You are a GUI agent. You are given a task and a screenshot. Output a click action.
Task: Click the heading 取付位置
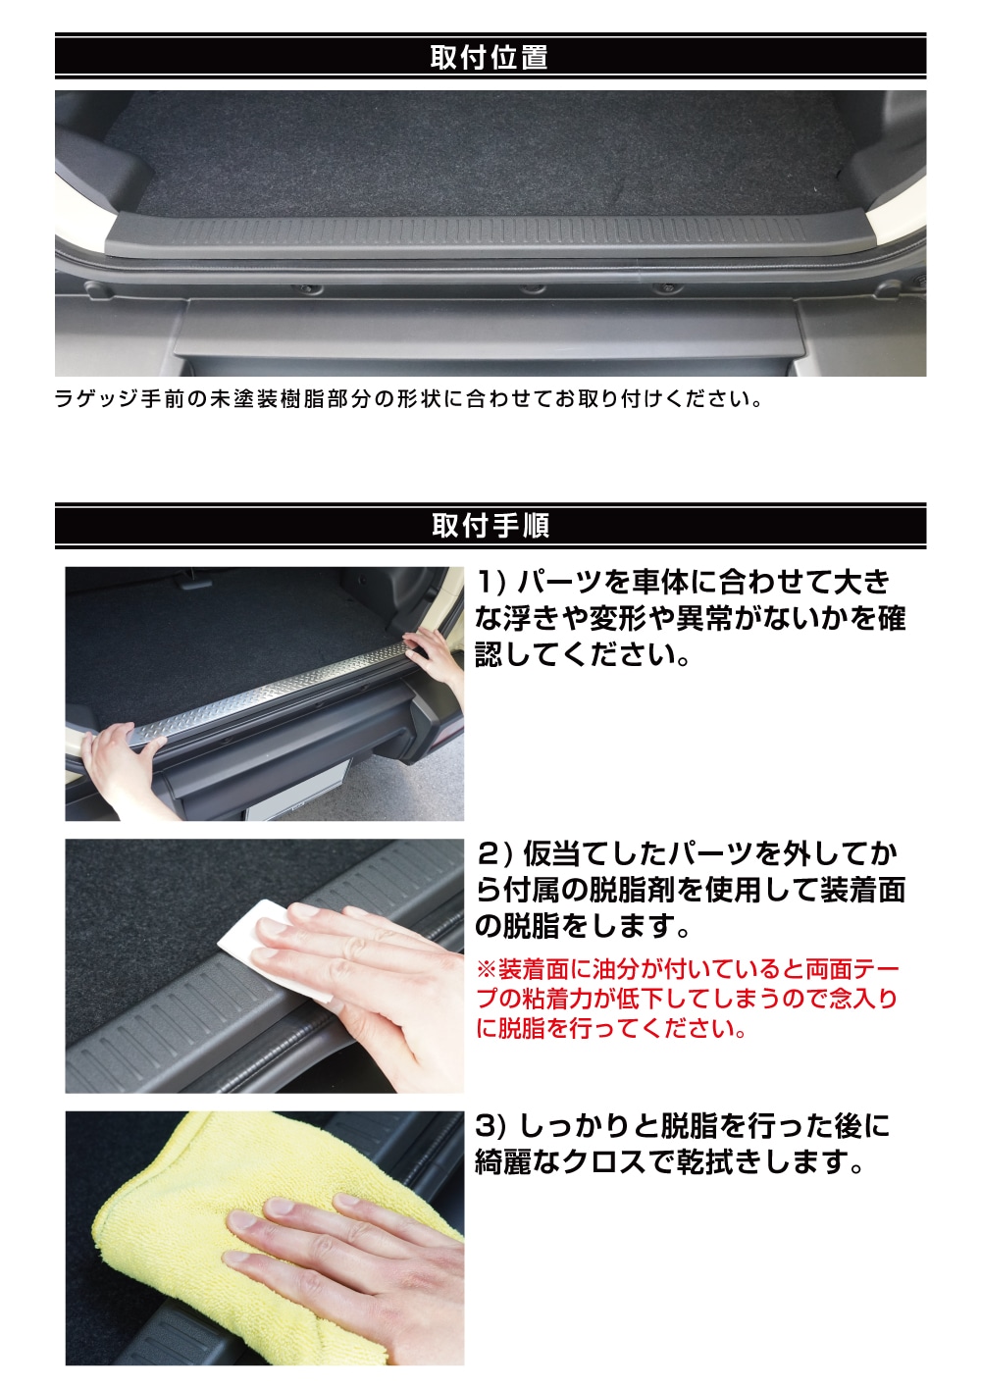tap(490, 57)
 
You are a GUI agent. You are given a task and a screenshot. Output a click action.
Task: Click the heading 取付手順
tap(490, 526)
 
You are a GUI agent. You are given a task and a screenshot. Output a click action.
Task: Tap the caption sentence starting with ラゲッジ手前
tap(407, 399)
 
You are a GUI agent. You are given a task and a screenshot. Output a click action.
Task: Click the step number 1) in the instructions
tap(490, 582)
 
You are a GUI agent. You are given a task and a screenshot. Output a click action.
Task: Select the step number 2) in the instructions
tap(490, 853)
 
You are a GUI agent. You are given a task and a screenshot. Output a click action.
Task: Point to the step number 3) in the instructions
tap(490, 1126)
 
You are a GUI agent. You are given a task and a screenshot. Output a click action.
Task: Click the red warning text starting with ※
tap(687, 999)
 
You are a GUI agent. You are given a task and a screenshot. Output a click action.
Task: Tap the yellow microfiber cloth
tap(186, 1207)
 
